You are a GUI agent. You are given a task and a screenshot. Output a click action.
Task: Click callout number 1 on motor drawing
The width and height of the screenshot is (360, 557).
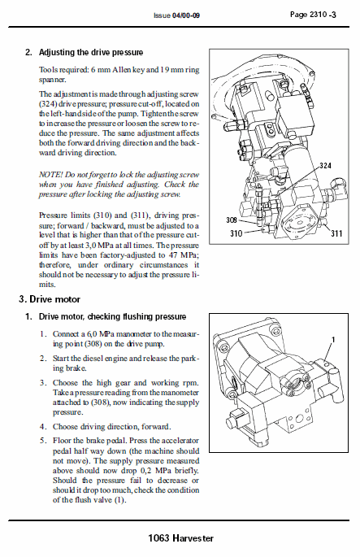[x=333, y=338]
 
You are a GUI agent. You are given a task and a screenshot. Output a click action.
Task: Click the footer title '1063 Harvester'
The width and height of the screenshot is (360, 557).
[x=180, y=538]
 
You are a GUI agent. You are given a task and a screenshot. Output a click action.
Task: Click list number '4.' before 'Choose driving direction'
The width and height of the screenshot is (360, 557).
[x=44, y=425]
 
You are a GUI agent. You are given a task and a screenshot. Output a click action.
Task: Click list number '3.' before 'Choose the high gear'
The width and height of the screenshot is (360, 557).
[x=44, y=382]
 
